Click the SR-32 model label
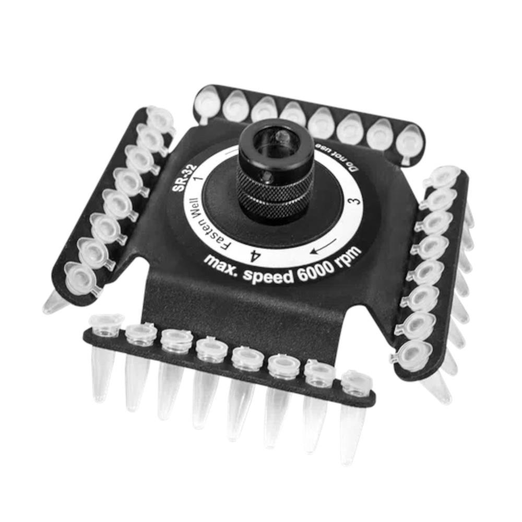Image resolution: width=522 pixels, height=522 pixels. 184,178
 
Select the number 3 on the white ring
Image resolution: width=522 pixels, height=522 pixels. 355,201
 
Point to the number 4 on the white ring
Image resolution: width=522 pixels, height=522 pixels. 254,256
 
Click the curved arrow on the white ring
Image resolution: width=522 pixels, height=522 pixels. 323,246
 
